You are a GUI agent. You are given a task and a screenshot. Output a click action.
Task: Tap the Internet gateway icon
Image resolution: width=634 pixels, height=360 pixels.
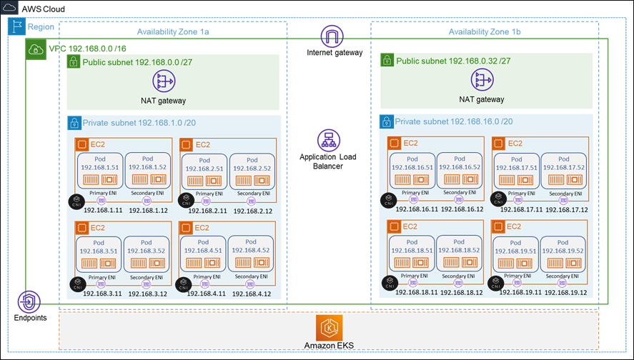[x=331, y=36]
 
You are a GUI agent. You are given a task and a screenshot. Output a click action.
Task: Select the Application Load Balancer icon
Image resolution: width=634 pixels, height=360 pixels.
[x=328, y=140]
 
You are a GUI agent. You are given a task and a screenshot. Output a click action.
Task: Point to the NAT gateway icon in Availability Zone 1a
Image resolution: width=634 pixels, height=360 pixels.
[x=164, y=81]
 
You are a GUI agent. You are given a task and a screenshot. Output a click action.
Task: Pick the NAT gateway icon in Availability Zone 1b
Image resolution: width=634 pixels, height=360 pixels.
[x=481, y=80]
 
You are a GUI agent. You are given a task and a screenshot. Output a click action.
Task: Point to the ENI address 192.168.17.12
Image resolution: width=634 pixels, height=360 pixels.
[x=565, y=210]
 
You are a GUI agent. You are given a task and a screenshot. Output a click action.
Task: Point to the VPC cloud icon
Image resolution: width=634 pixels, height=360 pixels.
[x=35, y=49]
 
